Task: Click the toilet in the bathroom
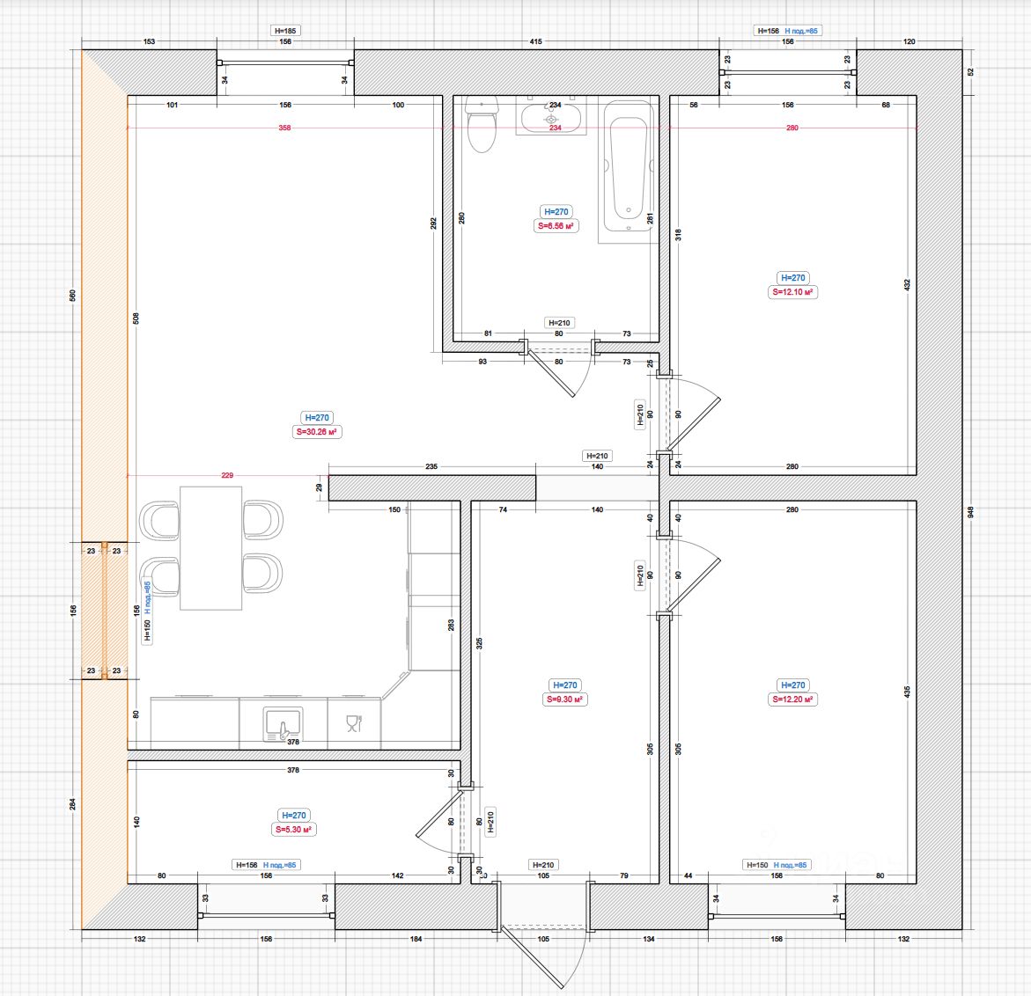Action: pyautogui.click(x=482, y=128)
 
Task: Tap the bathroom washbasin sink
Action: pyautogui.click(x=551, y=118)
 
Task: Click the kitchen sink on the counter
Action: pyautogui.click(x=284, y=722)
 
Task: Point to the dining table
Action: pyautogui.click(x=210, y=547)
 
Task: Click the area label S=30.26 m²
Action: pyautogui.click(x=317, y=432)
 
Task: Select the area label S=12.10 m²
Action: pyautogui.click(x=793, y=292)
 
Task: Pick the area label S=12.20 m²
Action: pyautogui.click(x=793, y=699)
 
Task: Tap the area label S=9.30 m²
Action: pyautogui.click(x=564, y=699)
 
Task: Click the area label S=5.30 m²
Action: pyautogui.click(x=294, y=830)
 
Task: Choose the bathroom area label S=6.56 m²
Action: pyautogui.click(x=556, y=226)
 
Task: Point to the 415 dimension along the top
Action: pyautogui.click(x=536, y=41)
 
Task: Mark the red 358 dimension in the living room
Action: pyautogui.click(x=284, y=128)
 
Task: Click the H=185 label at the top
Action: pyautogui.click(x=285, y=31)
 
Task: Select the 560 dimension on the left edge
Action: pyautogui.click(x=73, y=295)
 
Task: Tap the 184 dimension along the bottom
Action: pyautogui.click(x=416, y=939)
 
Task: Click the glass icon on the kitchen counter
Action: pyautogui.click(x=354, y=723)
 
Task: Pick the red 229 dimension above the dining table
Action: pyautogui.click(x=227, y=475)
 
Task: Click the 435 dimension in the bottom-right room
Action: pyautogui.click(x=907, y=692)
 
